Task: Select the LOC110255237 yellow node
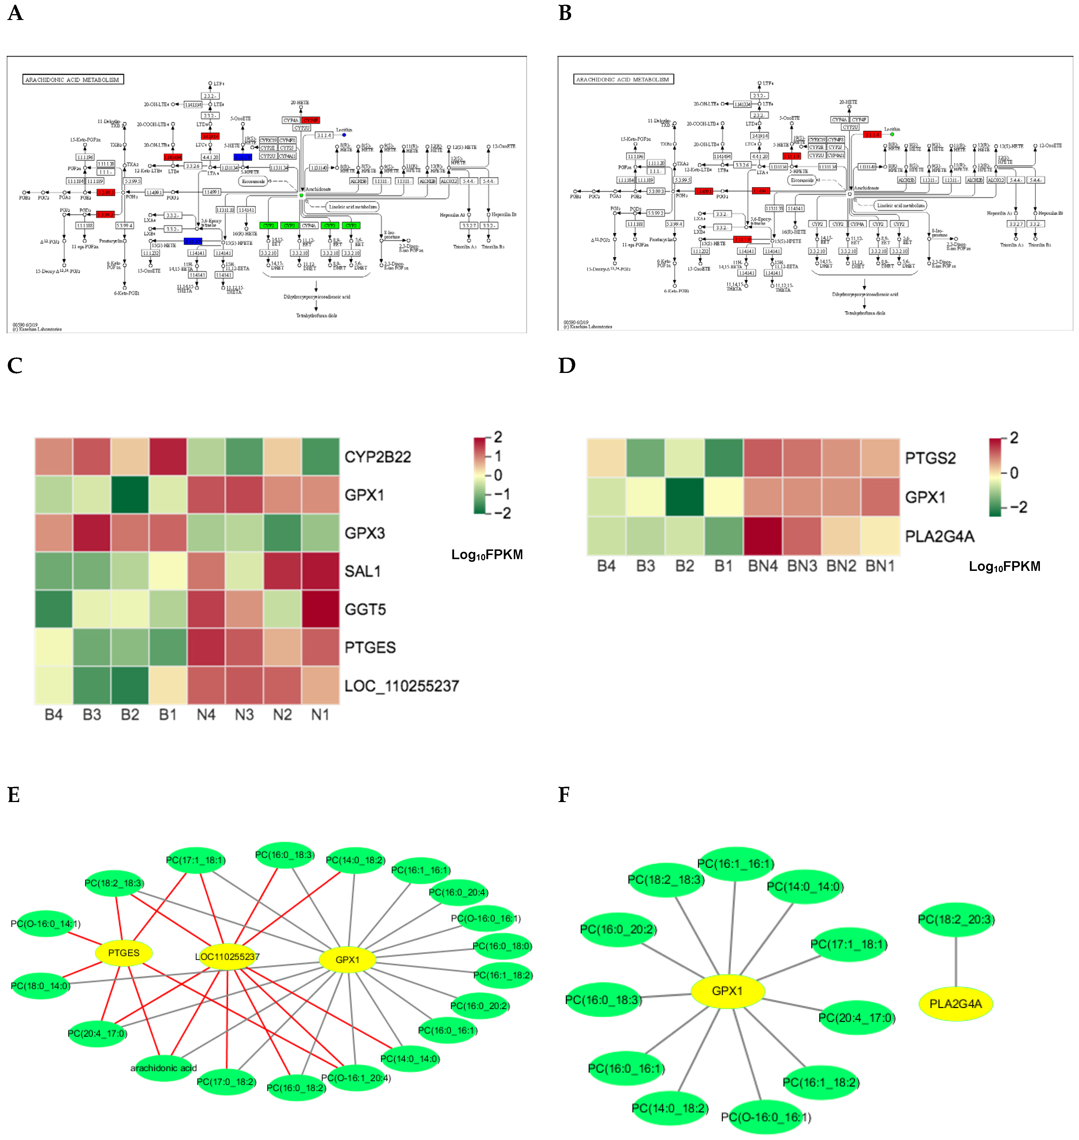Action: click(x=228, y=956)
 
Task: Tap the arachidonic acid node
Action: click(x=163, y=1068)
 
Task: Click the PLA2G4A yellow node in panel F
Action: click(x=955, y=1004)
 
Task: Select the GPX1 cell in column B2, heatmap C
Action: click(x=130, y=495)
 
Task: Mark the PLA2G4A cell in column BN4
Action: click(x=763, y=536)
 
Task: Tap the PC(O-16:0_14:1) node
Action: click(x=46, y=924)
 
